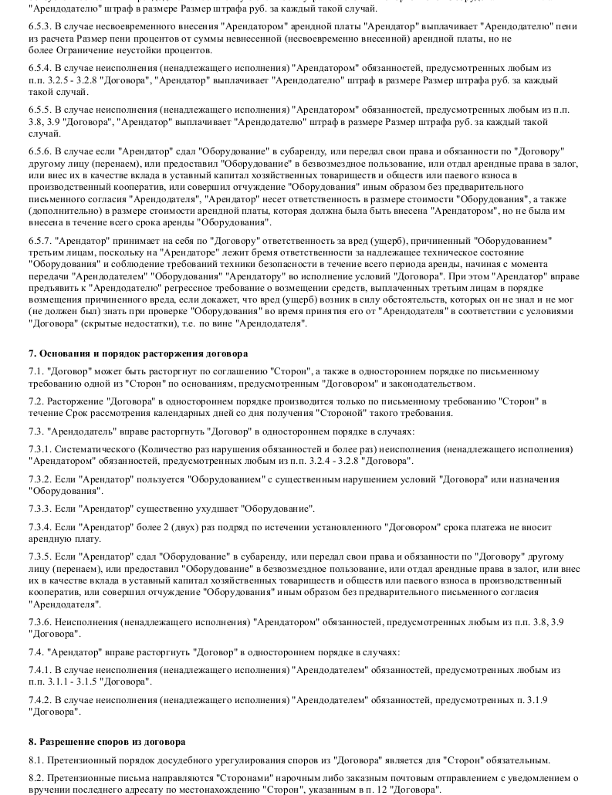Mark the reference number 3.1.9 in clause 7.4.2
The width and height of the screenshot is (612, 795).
tap(533, 700)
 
